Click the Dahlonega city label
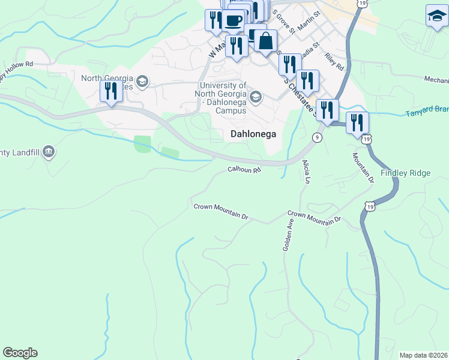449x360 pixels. (253, 134)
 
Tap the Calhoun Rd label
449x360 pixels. (244, 170)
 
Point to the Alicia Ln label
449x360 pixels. (307, 172)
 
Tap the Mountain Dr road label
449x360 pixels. (363, 167)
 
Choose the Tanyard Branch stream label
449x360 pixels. (427, 112)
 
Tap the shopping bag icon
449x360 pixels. (266, 41)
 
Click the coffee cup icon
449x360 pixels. (233, 20)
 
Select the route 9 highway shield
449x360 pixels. (317, 137)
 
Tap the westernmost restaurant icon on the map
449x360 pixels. (111, 91)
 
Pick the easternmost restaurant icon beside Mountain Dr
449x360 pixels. (357, 122)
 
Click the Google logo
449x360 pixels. (20, 353)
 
